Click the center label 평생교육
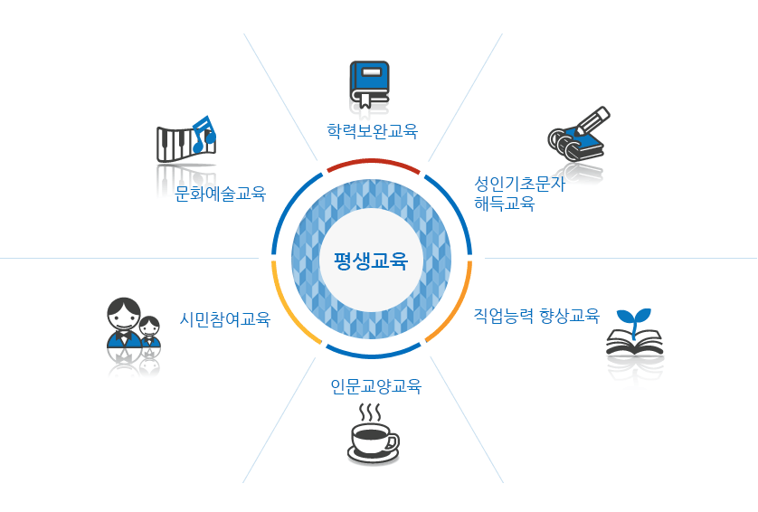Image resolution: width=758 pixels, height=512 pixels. tap(371, 262)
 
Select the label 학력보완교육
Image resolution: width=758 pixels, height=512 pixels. tap(373, 130)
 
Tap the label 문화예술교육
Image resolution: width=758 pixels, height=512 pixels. tap(221, 193)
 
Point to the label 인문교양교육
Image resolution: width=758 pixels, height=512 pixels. tap(375, 387)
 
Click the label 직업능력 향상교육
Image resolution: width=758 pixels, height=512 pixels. tap(537, 316)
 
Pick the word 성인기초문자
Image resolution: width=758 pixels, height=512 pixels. tap(519, 184)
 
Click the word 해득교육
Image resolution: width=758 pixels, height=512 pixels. tap(505, 204)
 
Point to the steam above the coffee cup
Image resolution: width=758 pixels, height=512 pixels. tap(369, 412)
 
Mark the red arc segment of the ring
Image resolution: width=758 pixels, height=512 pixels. tap(373, 164)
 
